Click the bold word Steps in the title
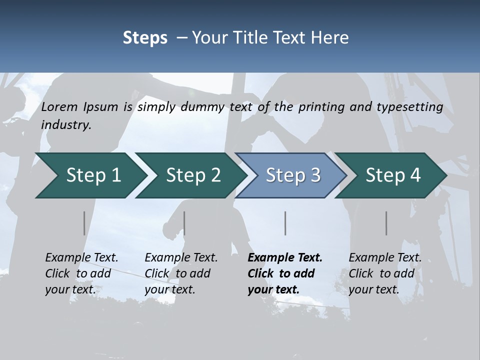pos(145,38)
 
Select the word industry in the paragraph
pos(66,125)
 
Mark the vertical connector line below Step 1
pos(84,223)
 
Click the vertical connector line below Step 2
pos(184,223)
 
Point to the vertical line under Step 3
pos(285,223)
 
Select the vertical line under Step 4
pos(386,223)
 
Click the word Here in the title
pos(330,38)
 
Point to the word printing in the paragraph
pos(321,107)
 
